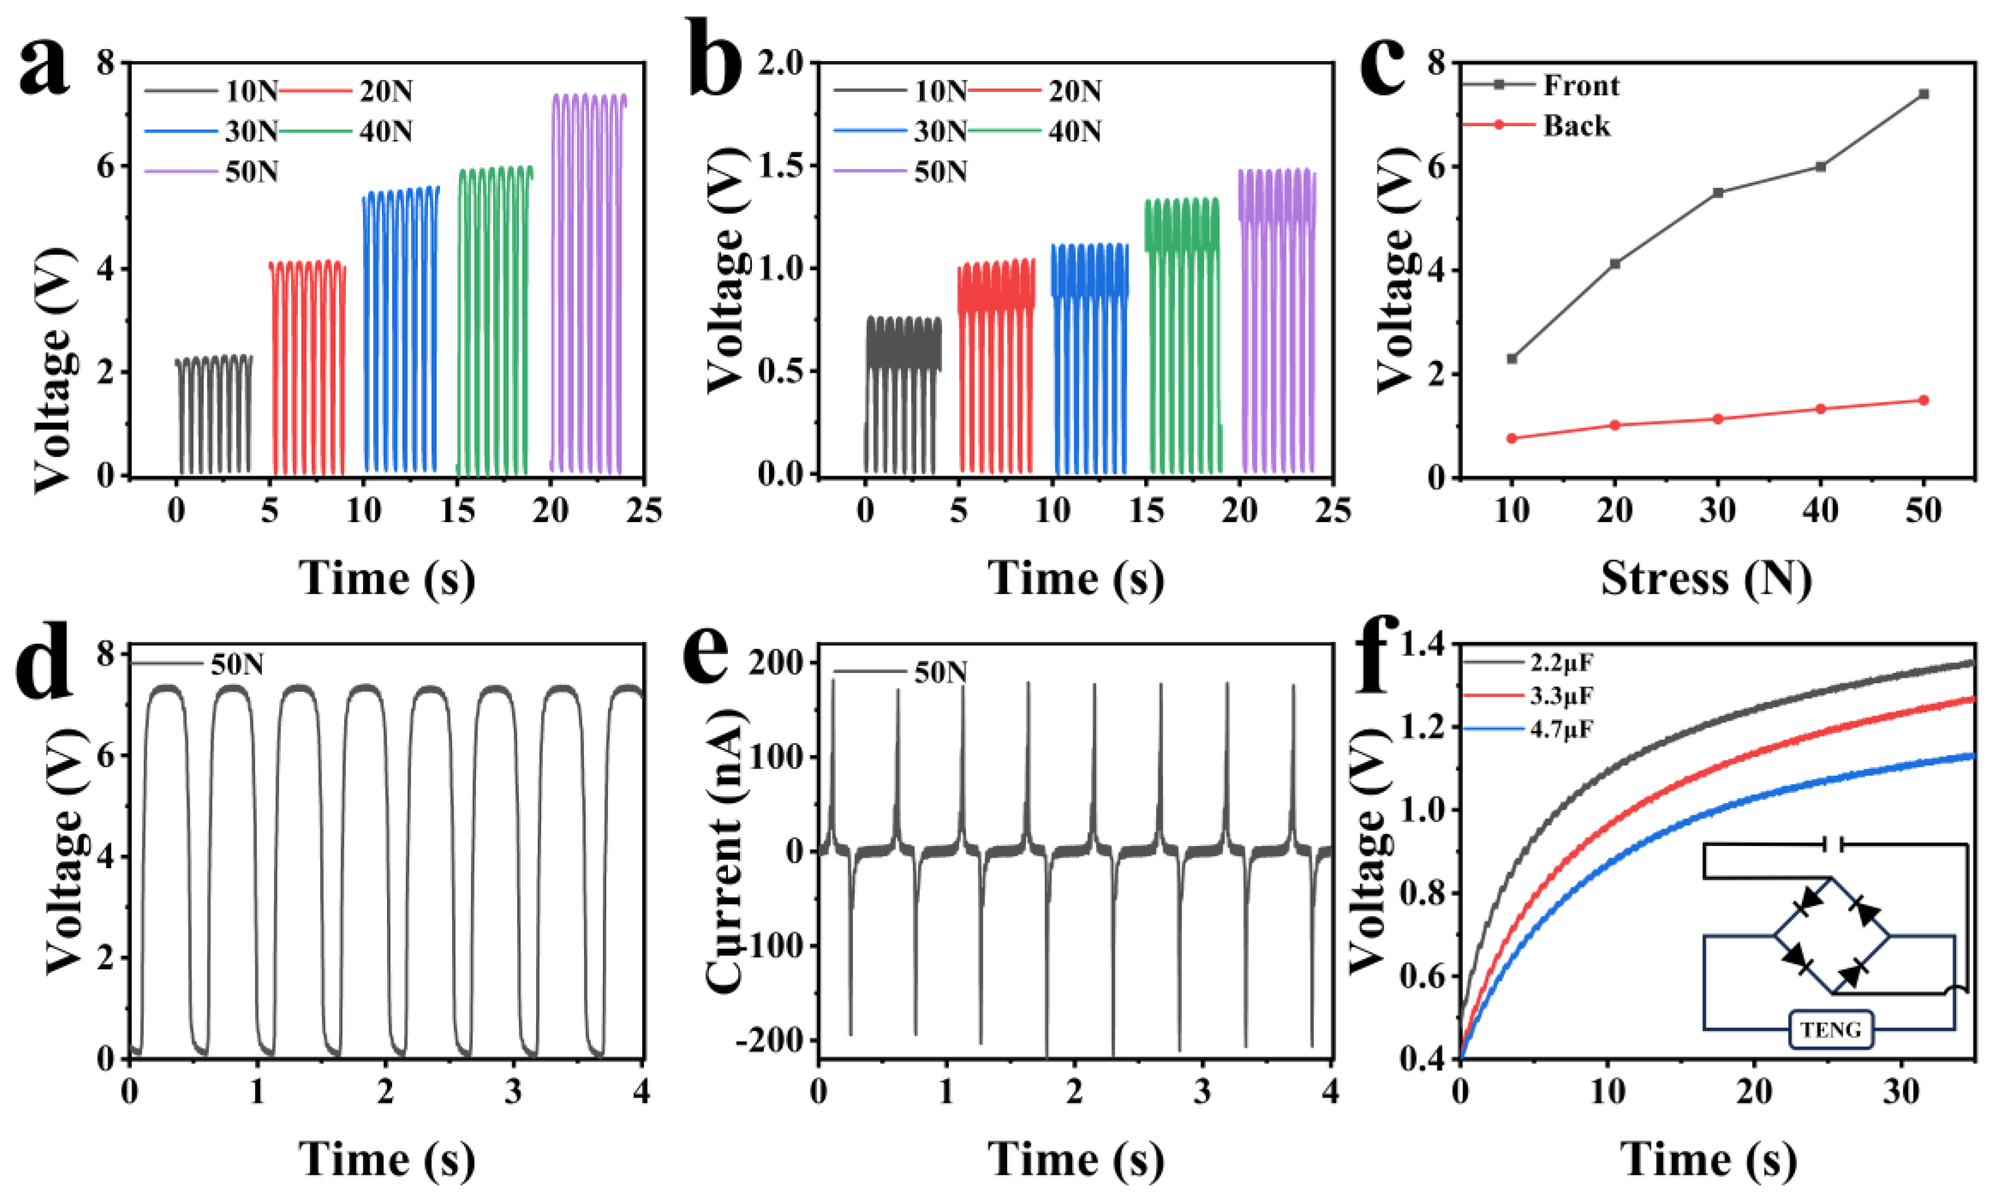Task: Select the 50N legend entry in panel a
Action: (251, 172)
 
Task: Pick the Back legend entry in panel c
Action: (1576, 126)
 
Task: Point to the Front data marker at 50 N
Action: (1924, 94)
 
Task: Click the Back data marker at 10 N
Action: (1511, 438)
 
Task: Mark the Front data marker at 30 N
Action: (1717, 192)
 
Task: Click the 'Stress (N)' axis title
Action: (1706, 579)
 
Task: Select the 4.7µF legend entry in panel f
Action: (1561, 729)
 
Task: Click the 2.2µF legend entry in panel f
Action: (1561, 663)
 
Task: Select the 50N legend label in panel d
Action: (237, 664)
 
